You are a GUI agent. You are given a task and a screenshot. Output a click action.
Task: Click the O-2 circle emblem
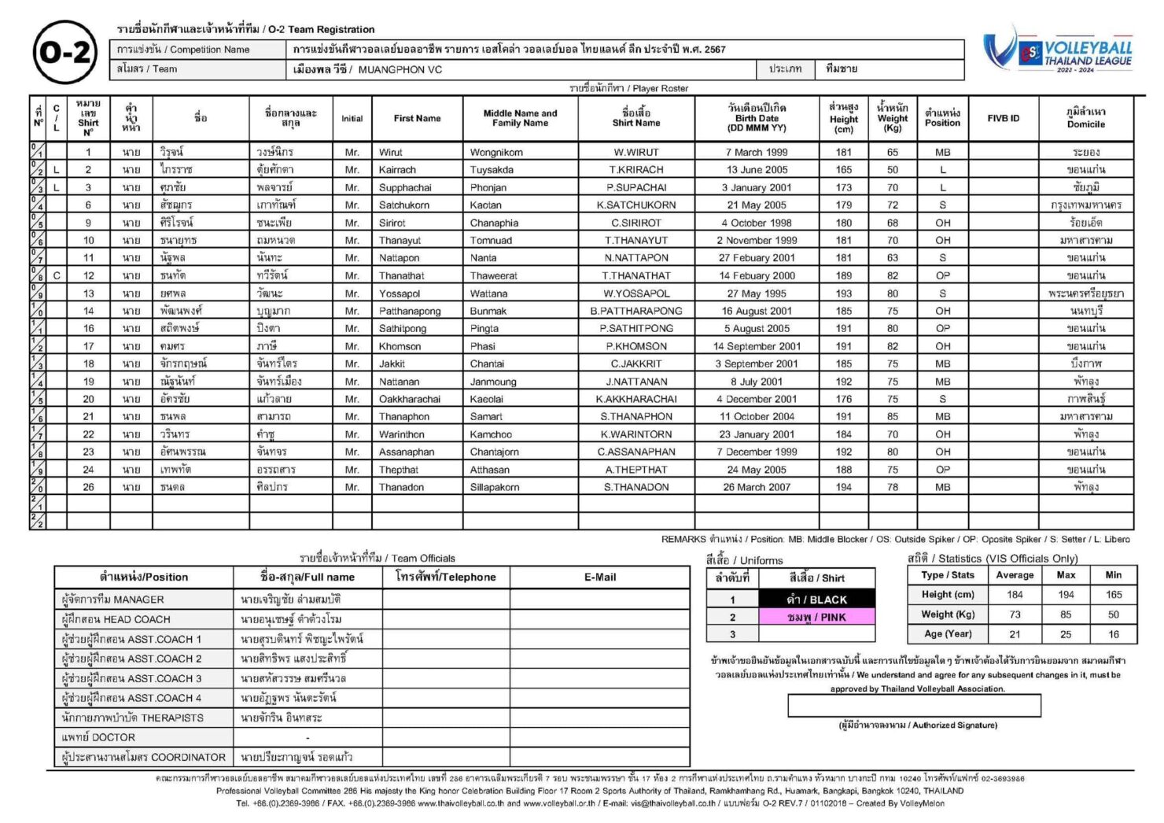[x=65, y=53]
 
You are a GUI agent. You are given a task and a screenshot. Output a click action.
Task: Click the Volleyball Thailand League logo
[x=1058, y=51]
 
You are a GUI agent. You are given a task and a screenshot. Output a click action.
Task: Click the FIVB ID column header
[x=1003, y=118]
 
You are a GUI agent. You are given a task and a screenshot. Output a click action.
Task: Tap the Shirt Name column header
[x=635, y=118]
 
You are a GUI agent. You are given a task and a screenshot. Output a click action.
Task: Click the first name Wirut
[x=391, y=152]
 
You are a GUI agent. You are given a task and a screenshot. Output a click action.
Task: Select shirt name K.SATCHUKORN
[x=635, y=205]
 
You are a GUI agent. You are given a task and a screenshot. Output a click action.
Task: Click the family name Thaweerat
[x=494, y=275]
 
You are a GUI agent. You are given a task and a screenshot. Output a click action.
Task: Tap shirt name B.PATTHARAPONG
[x=635, y=311]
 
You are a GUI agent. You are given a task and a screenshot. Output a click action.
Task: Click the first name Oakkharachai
[x=410, y=399]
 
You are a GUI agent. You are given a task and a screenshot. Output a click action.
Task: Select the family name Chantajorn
[x=494, y=452]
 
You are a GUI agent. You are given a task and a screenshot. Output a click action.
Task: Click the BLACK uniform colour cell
[x=816, y=599]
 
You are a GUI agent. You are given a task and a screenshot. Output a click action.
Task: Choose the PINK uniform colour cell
[x=816, y=617]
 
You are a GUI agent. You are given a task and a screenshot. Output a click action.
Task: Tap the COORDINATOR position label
[x=144, y=757]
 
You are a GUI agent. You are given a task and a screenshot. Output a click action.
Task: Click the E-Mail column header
[x=599, y=577]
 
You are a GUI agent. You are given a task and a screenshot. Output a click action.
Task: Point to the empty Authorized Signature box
[x=914, y=706]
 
